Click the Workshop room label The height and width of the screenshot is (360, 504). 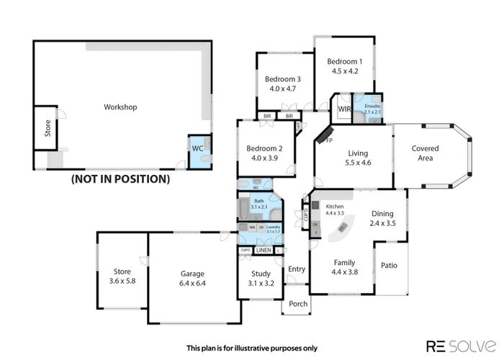click(120, 107)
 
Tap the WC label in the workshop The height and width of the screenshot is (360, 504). click(197, 148)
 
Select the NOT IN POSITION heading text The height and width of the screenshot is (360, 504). click(120, 179)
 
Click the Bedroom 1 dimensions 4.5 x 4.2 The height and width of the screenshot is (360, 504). click(343, 71)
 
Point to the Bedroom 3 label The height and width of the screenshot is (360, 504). click(282, 79)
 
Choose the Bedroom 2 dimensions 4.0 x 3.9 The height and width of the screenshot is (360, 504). click(265, 158)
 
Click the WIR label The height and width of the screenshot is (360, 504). click(343, 109)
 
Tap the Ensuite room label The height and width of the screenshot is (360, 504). click(372, 106)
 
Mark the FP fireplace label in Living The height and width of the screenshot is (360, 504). click(329, 140)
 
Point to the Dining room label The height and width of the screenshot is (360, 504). click(382, 213)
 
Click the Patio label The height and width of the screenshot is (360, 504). click(390, 265)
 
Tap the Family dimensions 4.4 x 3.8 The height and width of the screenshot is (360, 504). click(343, 272)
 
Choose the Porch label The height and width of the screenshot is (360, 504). click(298, 304)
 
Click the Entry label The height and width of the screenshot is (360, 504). click(296, 269)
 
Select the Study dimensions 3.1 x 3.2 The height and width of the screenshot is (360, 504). click(261, 283)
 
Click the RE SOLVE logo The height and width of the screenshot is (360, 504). click(461, 346)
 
